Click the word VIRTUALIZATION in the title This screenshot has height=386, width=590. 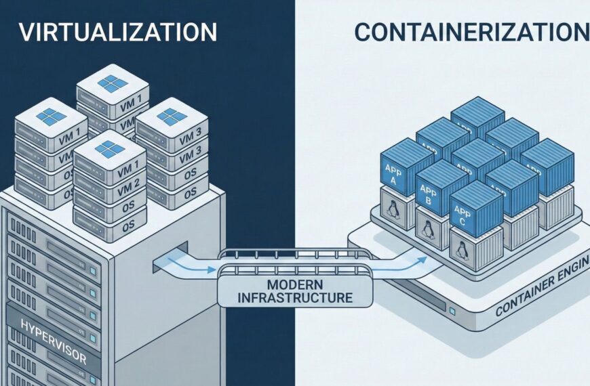point(116,32)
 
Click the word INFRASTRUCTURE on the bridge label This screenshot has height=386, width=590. point(295,297)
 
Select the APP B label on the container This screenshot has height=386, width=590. point(428,196)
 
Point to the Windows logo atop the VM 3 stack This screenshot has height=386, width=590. point(171,116)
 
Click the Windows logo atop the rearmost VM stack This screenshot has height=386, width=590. point(112,84)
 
